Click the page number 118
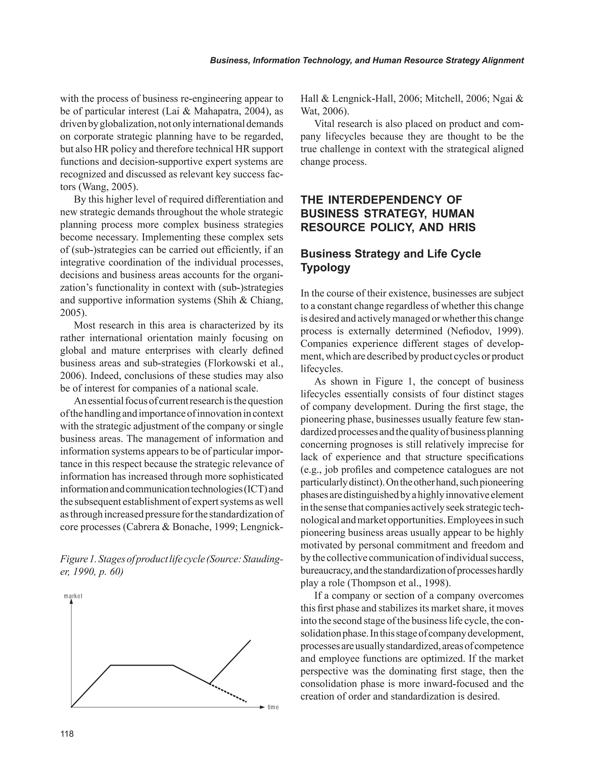coord(67,734)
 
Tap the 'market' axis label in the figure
coord(73,596)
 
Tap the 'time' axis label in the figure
coord(273,708)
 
